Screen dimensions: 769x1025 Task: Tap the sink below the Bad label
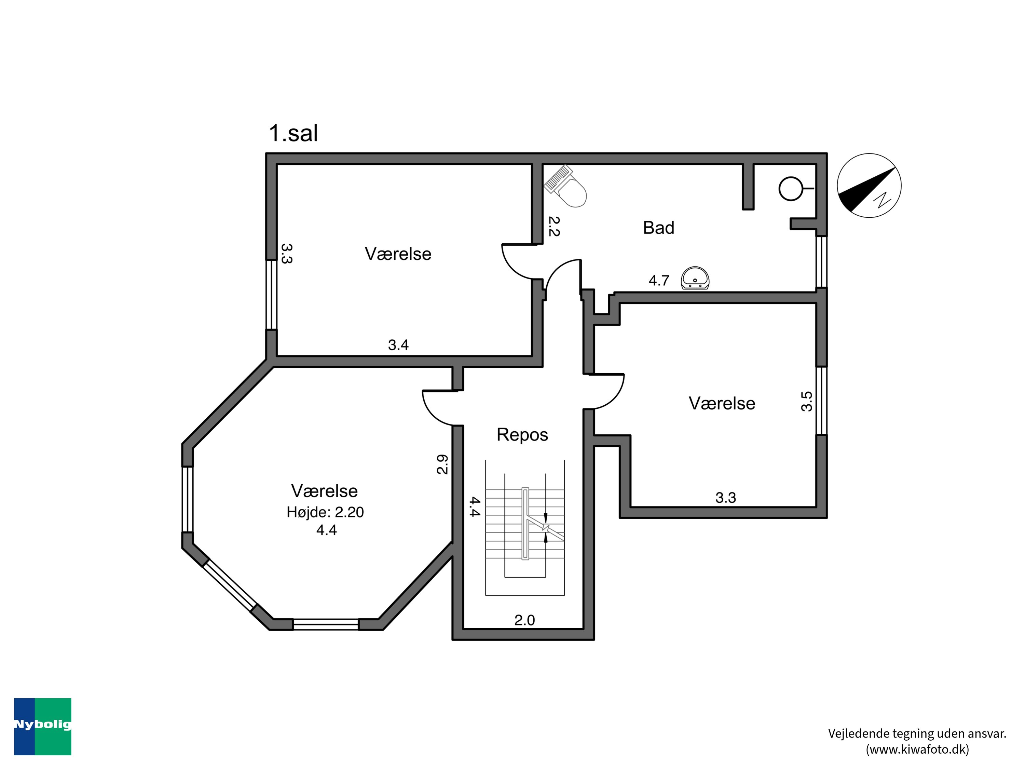click(x=695, y=278)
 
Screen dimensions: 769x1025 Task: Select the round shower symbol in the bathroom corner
click(x=791, y=188)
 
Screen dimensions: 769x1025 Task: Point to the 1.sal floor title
click(x=293, y=134)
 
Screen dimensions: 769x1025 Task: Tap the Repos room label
click(x=522, y=435)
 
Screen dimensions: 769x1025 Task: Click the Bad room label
click(x=658, y=228)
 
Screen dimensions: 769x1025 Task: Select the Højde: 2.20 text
click(x=325, y=512)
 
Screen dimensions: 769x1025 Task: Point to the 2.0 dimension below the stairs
click(x=524, y=620)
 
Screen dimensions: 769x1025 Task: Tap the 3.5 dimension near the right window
click(x=807, y=402)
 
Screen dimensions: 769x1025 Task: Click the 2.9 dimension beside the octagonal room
click(x=442, y=464)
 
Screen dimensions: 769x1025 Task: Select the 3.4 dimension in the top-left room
click(x=398, y=345)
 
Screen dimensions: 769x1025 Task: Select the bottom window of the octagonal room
click(x=326, y=624)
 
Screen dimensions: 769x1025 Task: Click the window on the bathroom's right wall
click(x=821, y=262)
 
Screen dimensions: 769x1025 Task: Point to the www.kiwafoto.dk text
click(x=917, y=749)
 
